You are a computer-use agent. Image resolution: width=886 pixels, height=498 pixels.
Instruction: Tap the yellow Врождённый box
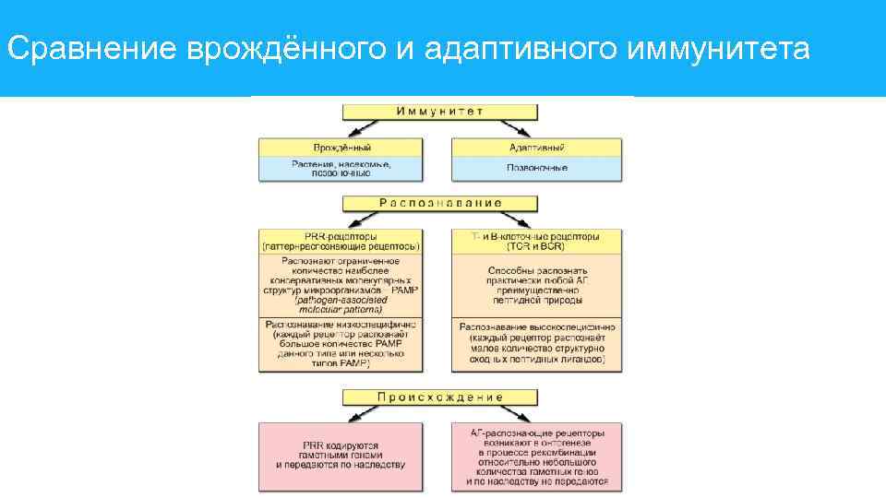click(x=341, y=147)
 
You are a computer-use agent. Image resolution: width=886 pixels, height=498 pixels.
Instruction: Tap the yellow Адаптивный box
click(x=536, y=147)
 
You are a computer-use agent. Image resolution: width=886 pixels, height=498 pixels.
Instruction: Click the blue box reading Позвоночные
click(x=536, y=168)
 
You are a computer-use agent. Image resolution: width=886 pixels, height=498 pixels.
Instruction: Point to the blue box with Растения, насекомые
click(x=341, y=168)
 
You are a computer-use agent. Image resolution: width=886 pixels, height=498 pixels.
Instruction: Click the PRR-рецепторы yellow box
click(x=341, y=242)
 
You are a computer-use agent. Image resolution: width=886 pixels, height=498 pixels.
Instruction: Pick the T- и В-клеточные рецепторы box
click(x=536, y=242)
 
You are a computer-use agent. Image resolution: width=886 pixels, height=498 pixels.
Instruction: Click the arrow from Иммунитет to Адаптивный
click(x=521, y=128)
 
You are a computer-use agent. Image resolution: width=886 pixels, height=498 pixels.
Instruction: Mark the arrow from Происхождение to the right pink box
click(x=521, y=414)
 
